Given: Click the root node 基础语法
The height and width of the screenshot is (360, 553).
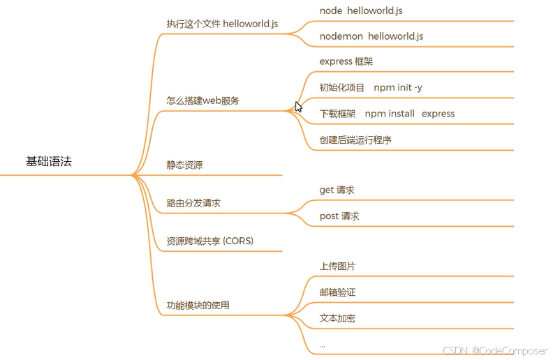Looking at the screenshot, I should pyautogui.click(x=49, y=162).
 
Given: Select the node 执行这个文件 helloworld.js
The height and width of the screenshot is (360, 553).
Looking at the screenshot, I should pyautogui.click(x=222, y=24).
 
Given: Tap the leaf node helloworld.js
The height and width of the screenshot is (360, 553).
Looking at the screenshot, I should pyautogui.click(x=360, y=11).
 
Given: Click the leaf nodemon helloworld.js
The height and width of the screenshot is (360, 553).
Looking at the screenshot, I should pyautogui.click(x=371, y=36).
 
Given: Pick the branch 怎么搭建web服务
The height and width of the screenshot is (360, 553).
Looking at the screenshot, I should pyautogui.click(x=202, y=100).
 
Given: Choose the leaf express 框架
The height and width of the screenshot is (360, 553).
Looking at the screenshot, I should pyautogui.click(x=346, y=61).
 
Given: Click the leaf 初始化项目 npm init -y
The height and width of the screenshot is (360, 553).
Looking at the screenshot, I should pyautogui.click(x=370, y=88).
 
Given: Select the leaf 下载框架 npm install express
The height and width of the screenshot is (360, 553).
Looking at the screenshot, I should pyautogui.click(x=387, y=114).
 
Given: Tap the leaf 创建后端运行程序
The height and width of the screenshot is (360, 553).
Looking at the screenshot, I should pyautogui.click(x=355, y=140).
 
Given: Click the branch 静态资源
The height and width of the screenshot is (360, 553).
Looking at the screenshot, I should pyautogui.click(x=184, y=165).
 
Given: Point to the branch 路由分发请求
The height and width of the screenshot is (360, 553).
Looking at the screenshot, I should pyautogui.click(x=193, y=203).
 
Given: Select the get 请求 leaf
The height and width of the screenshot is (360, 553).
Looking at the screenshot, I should pyautogui.click(x=337, y=190).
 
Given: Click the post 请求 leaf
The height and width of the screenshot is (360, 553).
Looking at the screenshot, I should pyautogui.click(x=339, y=216).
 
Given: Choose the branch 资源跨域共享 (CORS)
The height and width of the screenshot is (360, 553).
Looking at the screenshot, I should pyautogui.click(x=209, y=241).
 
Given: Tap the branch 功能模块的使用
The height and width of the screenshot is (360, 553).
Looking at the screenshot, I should pyautogui.click(x=198, y=306).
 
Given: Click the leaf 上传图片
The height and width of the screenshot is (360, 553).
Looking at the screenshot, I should pyautogui.click(x=337, y=267).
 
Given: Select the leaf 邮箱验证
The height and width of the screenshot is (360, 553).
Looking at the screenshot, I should pyautogui.click(x=337, y=292).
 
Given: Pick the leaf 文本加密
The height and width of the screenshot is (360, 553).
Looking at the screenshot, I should pyautogui.click(x=337, y=318).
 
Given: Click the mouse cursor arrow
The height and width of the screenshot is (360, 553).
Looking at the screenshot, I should pyautogui.click(x=299, y=107).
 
